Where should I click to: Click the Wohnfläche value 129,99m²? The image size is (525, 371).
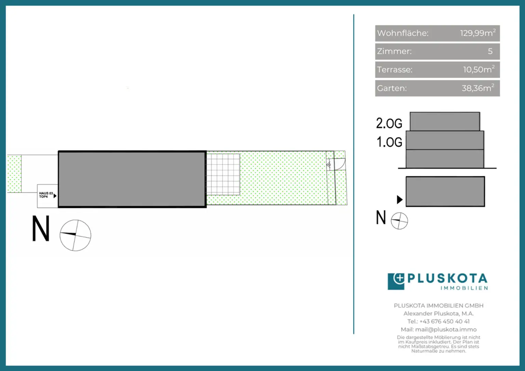click(477, 33)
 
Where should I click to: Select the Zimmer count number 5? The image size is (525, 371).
click(490, 51)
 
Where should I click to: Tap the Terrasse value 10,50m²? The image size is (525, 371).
click(479, 69)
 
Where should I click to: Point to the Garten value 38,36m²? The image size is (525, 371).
click(478, 88)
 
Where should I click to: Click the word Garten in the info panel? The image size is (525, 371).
click(392, 88)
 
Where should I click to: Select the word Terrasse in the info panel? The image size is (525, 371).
click(394, 70)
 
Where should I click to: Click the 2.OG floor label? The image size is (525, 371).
click(389, 123)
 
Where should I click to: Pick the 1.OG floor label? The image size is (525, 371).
click(389, 142)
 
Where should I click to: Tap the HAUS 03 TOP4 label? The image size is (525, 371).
click(46, 195)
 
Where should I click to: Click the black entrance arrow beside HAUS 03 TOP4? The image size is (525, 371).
click(55, 196)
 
